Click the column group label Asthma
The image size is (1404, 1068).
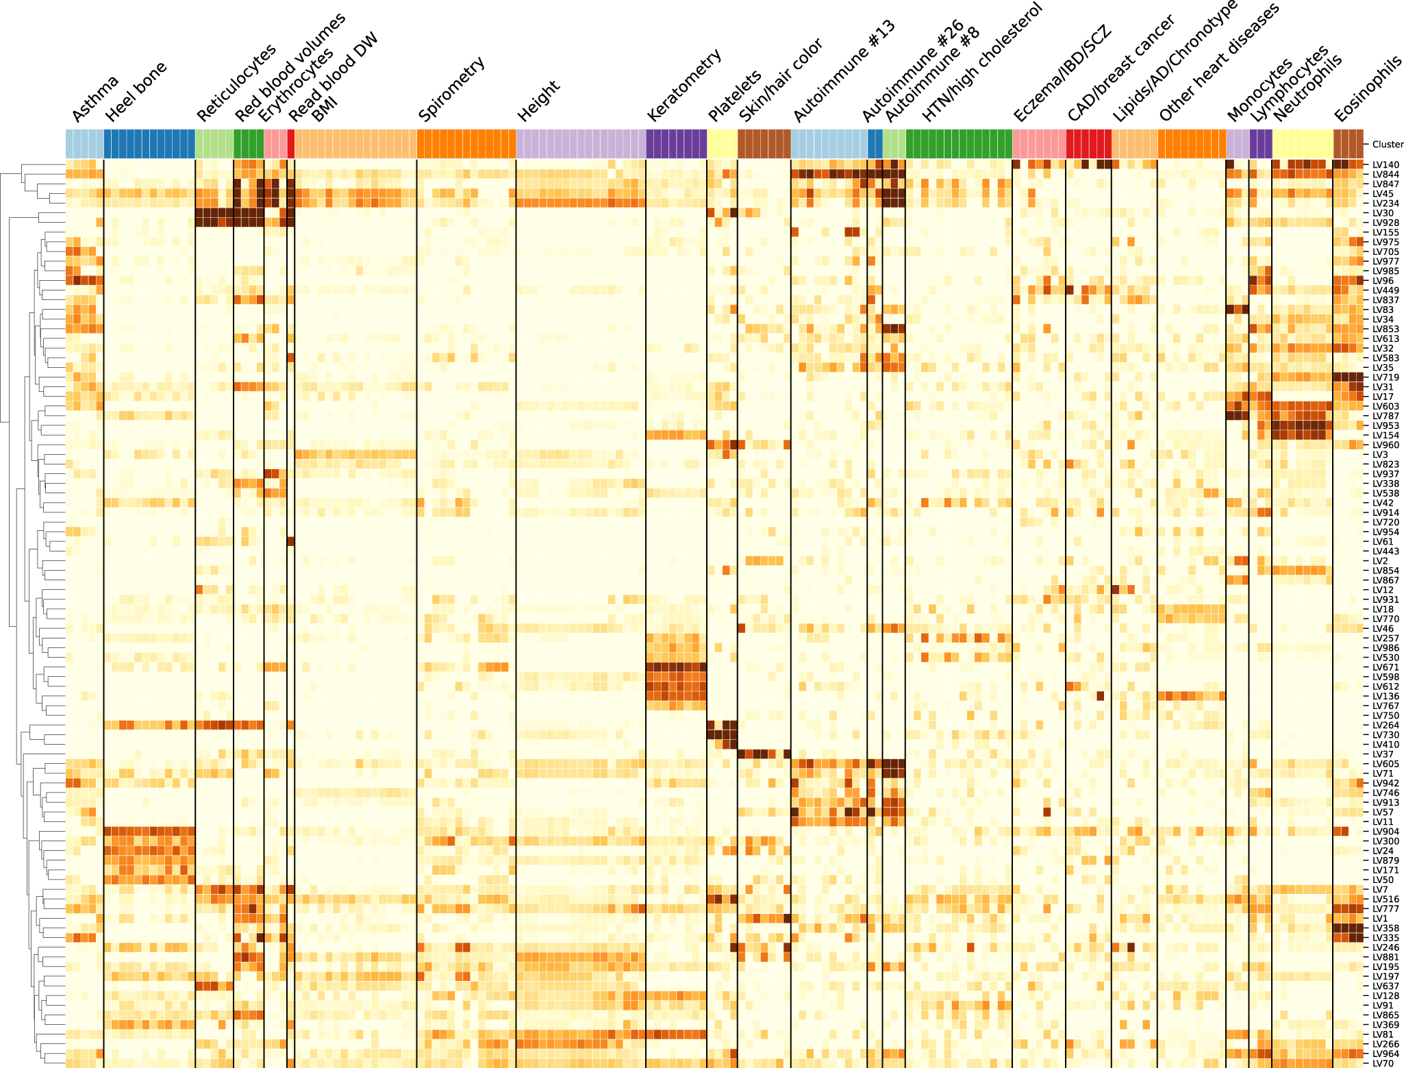tap(95, 100)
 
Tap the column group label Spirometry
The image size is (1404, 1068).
tap(451, 90)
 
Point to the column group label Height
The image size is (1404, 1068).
tap(538, 100)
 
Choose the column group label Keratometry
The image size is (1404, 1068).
tap(684, 86)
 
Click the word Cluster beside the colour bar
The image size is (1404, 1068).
tap(1388, 145)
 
